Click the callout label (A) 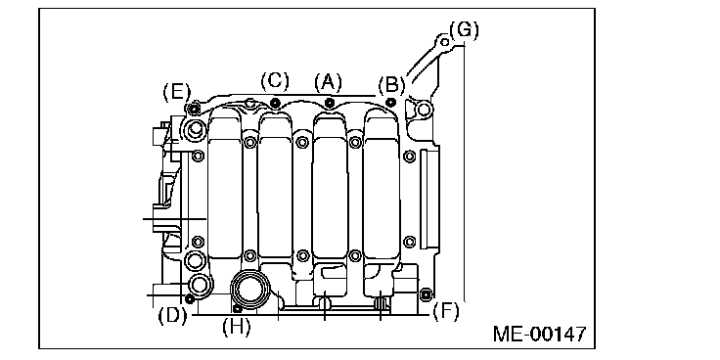click(x=329, y=82)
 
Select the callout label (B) click(x=391, y=85)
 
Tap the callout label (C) click(x=275, y=81)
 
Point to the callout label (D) click(x=172, y=316)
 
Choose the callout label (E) click(x=176, y=92)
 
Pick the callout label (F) click(x=445, y=312)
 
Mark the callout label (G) click(x=464, y=30)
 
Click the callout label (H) click(x=237, y=327)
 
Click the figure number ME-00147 click(x=540, y=334)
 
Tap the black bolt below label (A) click(x=329, y=102)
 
